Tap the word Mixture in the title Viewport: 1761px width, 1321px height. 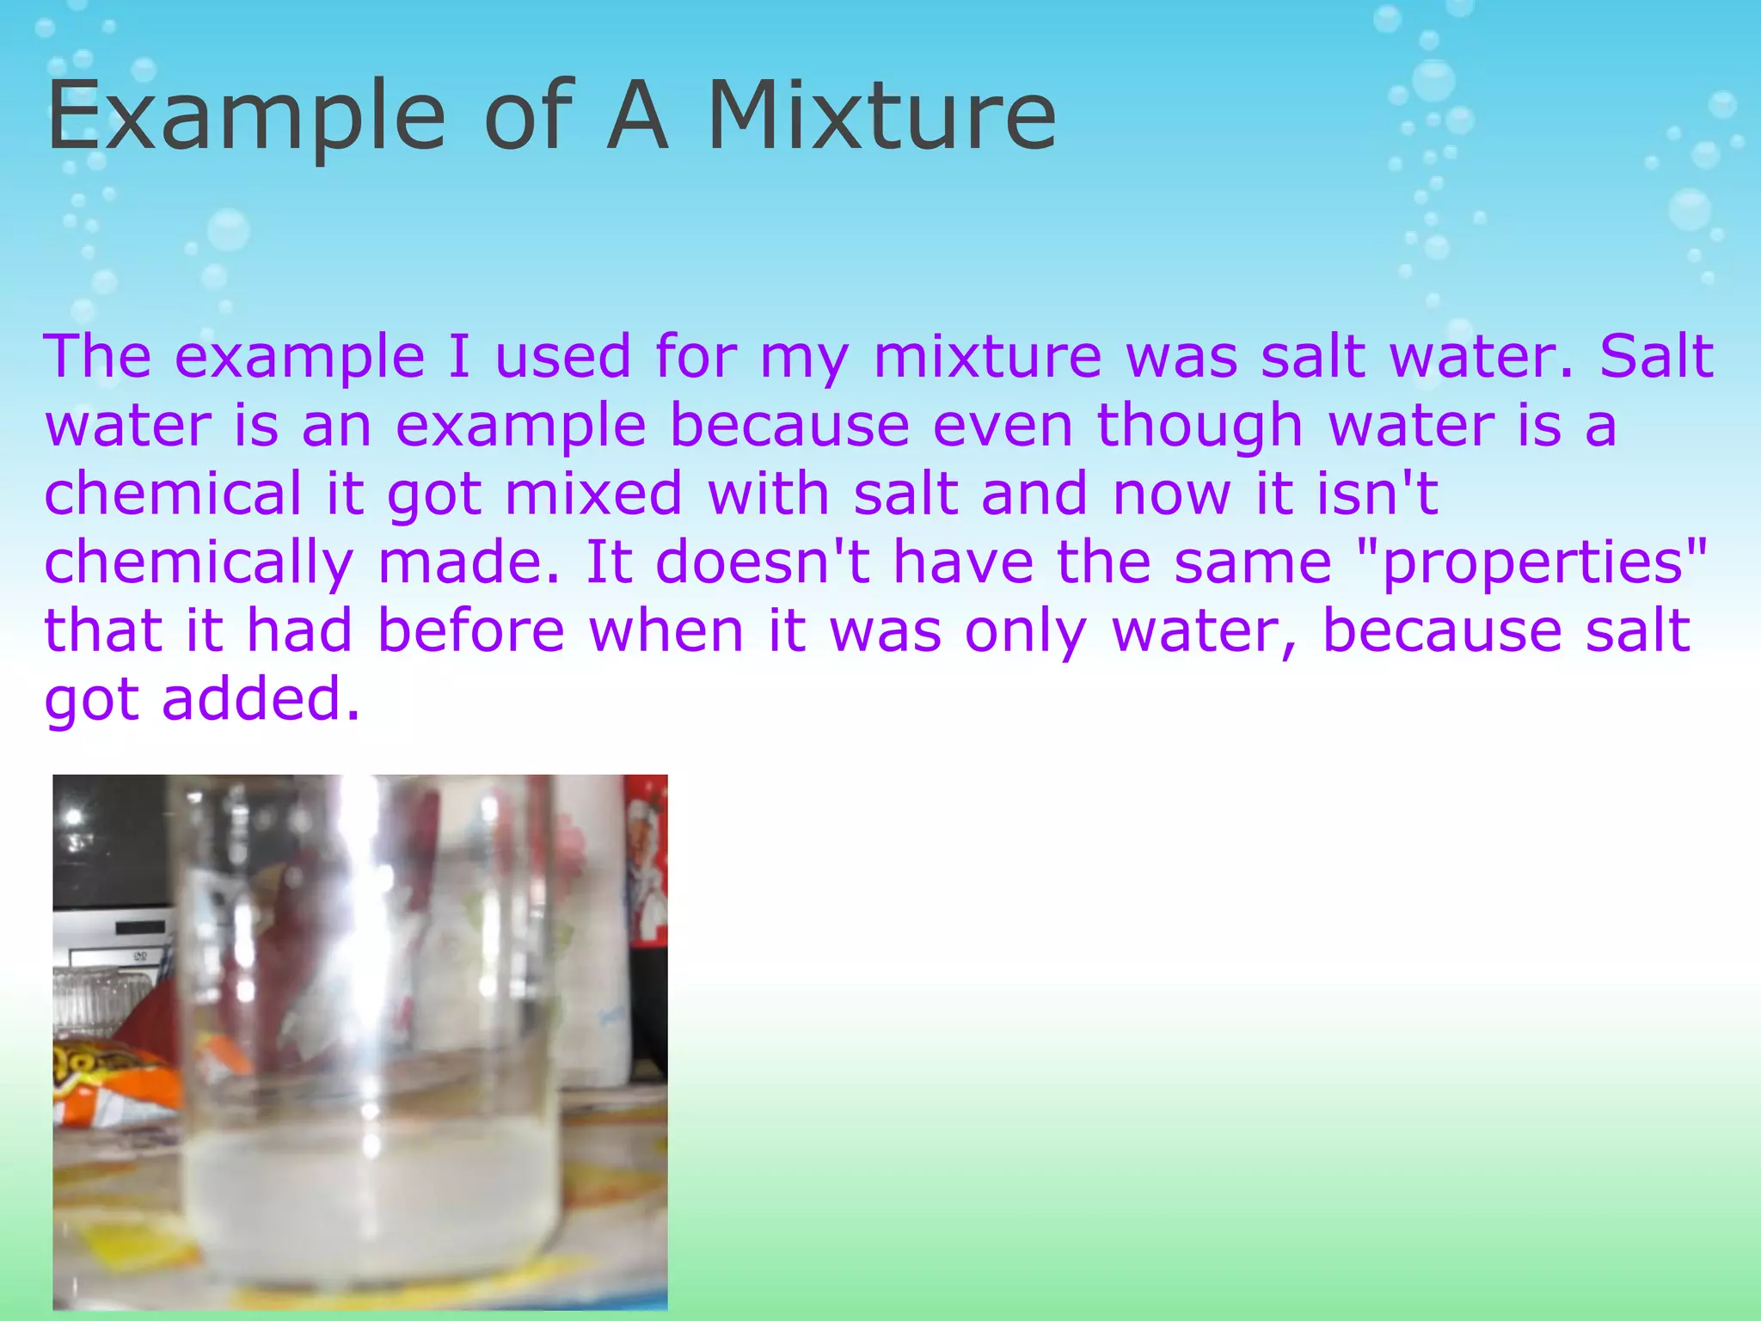click(881, 116)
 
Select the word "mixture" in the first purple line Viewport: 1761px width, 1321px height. click(986, 356)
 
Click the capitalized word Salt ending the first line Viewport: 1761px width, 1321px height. click(1656, 356)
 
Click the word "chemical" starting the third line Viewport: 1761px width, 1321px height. click(173, 494)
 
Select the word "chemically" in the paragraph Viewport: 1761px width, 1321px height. click(199, 563)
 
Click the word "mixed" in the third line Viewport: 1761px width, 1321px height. click(593, 494)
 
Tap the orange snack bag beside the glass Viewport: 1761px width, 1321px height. click(103, 1084)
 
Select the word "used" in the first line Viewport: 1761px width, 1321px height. click(563, 356)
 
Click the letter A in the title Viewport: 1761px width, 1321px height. click(637, 116)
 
